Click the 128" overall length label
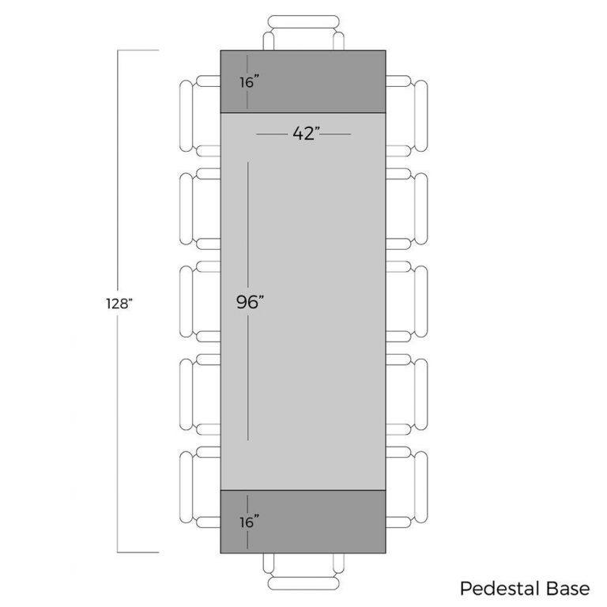pyautogui.click(x=119, y=303)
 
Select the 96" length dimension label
pyautogui.click(x=250, y=302)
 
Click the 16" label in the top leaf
pyautogui.click(x=249, y=82)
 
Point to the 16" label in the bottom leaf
pyautogui.click(x=249, y=522)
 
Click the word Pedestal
pyautogui.click(x=500, y=588)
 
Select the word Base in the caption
pyautogui.click(x=568, y=588)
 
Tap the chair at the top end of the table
pyautogui.click(x=303, y=32)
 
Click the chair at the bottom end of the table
pyautogui.click(x=303, y=571)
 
